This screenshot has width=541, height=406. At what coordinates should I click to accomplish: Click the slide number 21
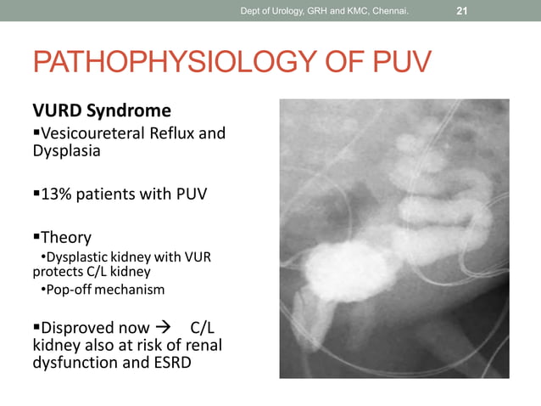(x=462, y=11)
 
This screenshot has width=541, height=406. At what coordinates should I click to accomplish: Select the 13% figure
(x=57, y=194)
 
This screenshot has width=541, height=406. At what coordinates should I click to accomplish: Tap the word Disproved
(x=79, y=328)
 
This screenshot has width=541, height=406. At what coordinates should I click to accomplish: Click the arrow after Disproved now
(x=162, y=328)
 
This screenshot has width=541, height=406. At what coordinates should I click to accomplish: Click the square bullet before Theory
(x=36, y=237)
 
